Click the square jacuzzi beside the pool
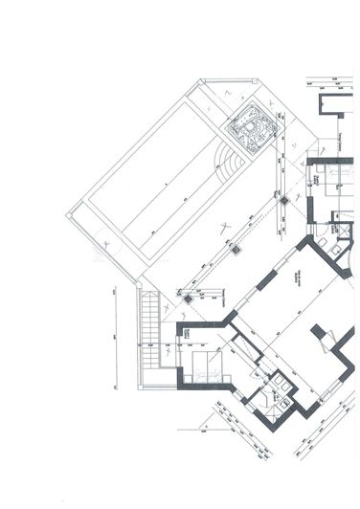pyautogui.click(x=251, y=130)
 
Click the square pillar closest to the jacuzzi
pyautogui.click(x=284, y=202)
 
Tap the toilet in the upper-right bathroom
pyautogui.click(x=342, y=245)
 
